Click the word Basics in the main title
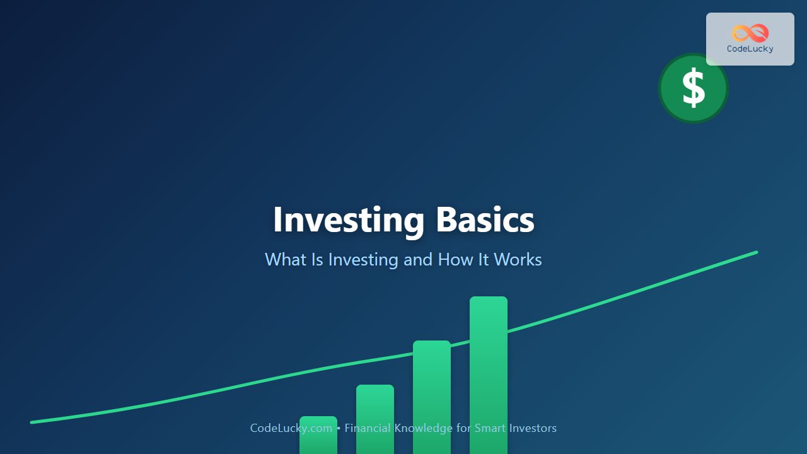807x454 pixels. point(485,219)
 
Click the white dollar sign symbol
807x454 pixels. point(694,88)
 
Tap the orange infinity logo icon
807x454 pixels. point(750,33)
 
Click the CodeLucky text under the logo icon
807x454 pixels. point(750,49)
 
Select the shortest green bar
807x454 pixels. point(318,435)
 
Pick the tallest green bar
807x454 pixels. point(489,375)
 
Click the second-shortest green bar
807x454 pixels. point(375,419)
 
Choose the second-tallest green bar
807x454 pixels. point(432,397)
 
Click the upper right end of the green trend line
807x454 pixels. point(756,253)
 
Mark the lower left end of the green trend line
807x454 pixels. point(32,422)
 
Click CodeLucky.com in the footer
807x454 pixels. point(291,428)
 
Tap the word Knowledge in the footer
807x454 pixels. point(423,428)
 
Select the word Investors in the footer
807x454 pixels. point(533,428)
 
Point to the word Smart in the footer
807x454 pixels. point(490,428)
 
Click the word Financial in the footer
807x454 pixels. point(368,428)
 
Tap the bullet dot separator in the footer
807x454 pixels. point(339,428)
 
